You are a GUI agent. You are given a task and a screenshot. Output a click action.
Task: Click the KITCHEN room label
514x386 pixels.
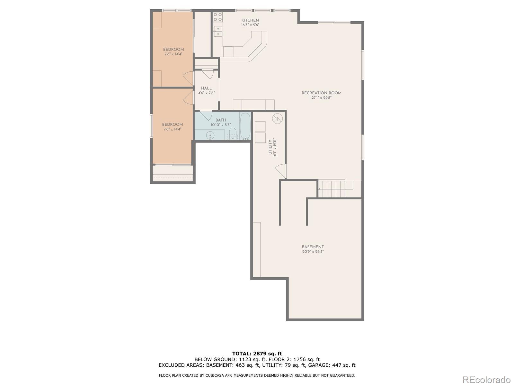click(x=250, y=20)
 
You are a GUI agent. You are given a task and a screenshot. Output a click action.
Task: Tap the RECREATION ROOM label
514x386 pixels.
click(x=321, y=93)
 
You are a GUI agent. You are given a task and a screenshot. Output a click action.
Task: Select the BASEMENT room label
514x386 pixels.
click(x=313, y=247)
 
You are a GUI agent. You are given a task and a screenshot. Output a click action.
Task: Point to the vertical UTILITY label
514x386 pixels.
click(x=270, y=147)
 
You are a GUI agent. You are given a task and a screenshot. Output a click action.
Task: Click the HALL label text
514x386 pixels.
click(x=206, y=88)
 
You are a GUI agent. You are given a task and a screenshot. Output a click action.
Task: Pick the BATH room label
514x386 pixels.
click(x=221, y=120)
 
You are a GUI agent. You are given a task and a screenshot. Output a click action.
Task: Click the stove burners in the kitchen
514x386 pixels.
click(x=217, y=17)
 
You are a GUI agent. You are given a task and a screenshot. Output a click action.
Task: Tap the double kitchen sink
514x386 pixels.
click(x=218, y=32)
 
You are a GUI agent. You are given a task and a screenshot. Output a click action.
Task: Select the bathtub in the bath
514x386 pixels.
click(x=245, y=126)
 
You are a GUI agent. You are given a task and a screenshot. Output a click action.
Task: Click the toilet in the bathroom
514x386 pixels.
click(x=233, y=134)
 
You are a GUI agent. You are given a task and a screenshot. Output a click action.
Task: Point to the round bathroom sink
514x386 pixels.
click(x=210, y=135)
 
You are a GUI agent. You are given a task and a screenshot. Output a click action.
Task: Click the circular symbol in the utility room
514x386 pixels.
click(x=277, y=119)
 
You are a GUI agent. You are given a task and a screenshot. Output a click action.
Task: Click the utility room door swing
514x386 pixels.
click(x=281, y=171)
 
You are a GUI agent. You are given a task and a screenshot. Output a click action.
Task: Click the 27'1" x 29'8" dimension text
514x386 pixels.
click(x=321, y=98)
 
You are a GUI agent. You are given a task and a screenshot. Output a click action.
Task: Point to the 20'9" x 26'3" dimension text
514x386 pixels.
click(x=313, y=252)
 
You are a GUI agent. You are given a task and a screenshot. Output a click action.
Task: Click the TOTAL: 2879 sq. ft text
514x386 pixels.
click(x=257, y=354)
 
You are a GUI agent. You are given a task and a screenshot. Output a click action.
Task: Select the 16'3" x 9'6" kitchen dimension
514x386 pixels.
click(x=250, y=25)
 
